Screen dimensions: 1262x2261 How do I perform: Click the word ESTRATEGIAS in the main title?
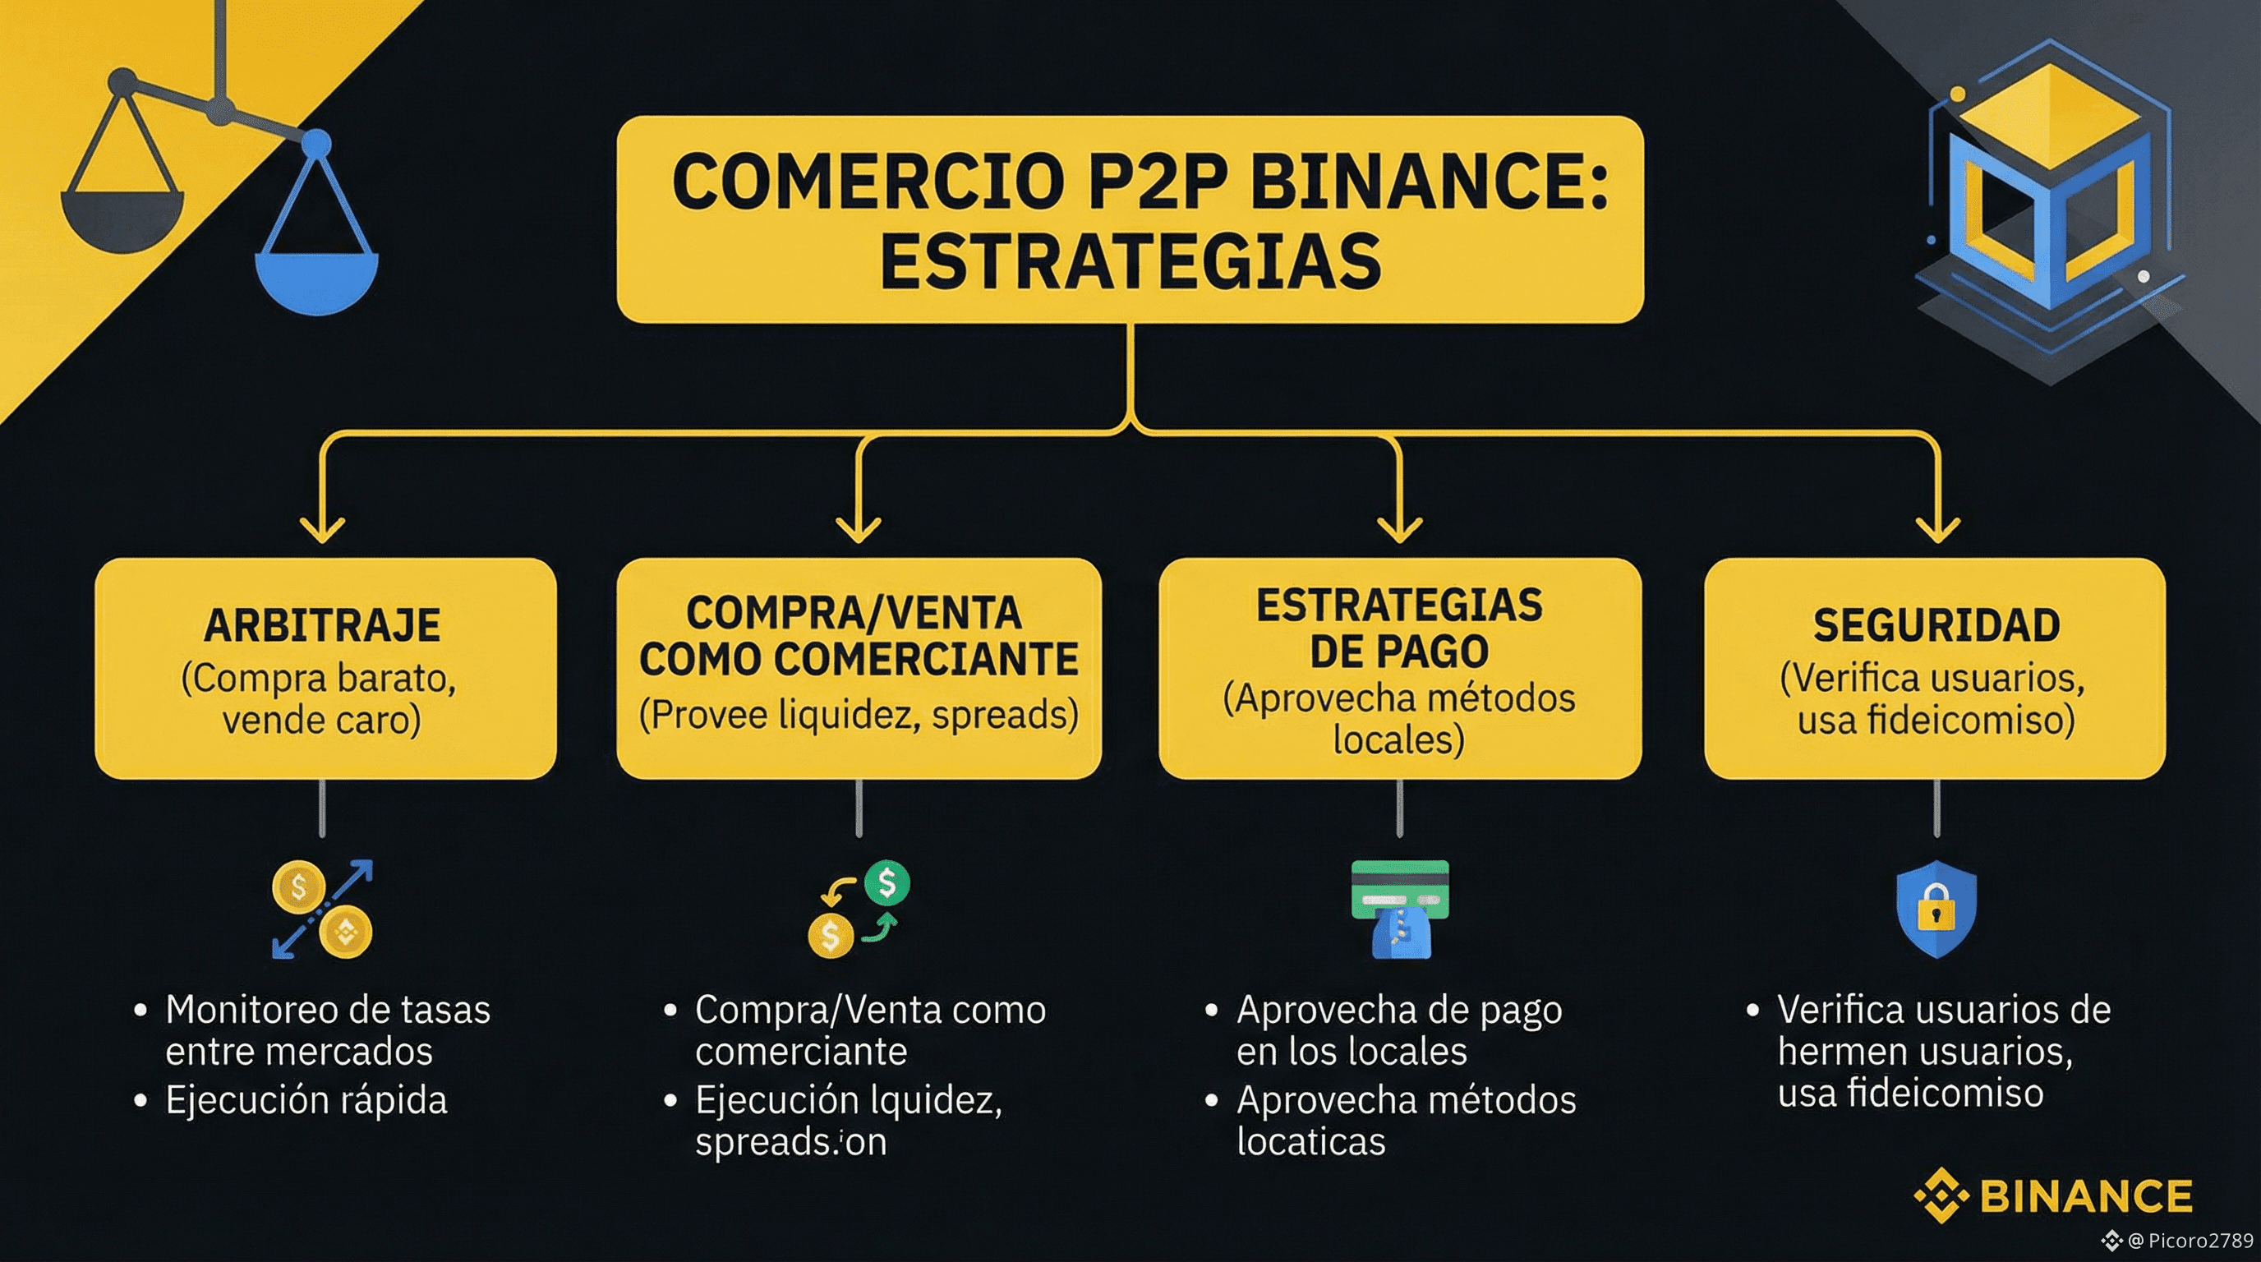(1130, 261)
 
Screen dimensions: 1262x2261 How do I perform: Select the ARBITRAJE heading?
(322, 626)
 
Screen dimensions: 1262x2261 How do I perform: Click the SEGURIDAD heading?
(1936, 626)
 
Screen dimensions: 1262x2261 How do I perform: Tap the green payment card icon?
(1400, 888)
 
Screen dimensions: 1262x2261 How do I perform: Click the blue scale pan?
(316, 281)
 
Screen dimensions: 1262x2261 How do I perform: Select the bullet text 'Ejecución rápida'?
(306, 1099)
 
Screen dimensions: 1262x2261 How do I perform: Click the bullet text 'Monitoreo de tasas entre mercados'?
(326, 1030)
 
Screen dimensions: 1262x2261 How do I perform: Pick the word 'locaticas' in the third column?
(1310, 1141)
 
